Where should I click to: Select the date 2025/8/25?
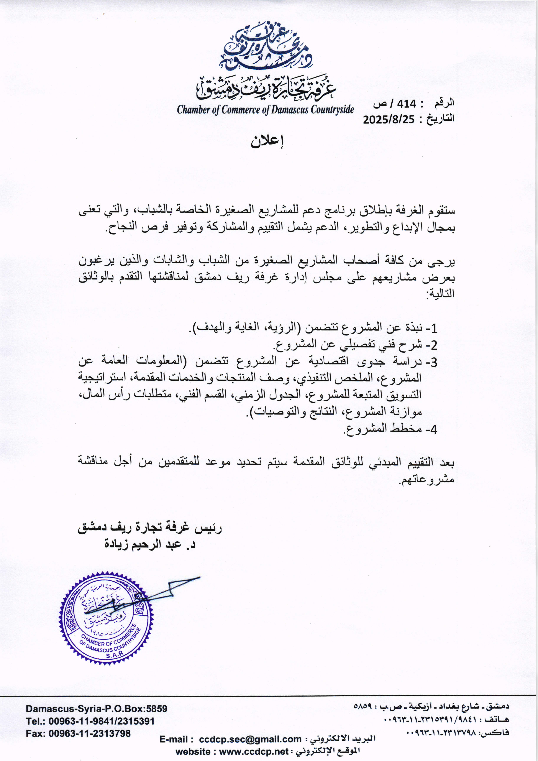tap(389, 120)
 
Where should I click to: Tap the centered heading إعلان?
tap(267, 141)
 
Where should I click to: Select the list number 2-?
tap(431, 346)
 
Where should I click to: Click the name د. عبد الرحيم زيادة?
tap(150, 545)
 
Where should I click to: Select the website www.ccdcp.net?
tap(254, 752)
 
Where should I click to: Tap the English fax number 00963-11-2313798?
tap(89, 733)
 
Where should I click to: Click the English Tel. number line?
tap(90, 721)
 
